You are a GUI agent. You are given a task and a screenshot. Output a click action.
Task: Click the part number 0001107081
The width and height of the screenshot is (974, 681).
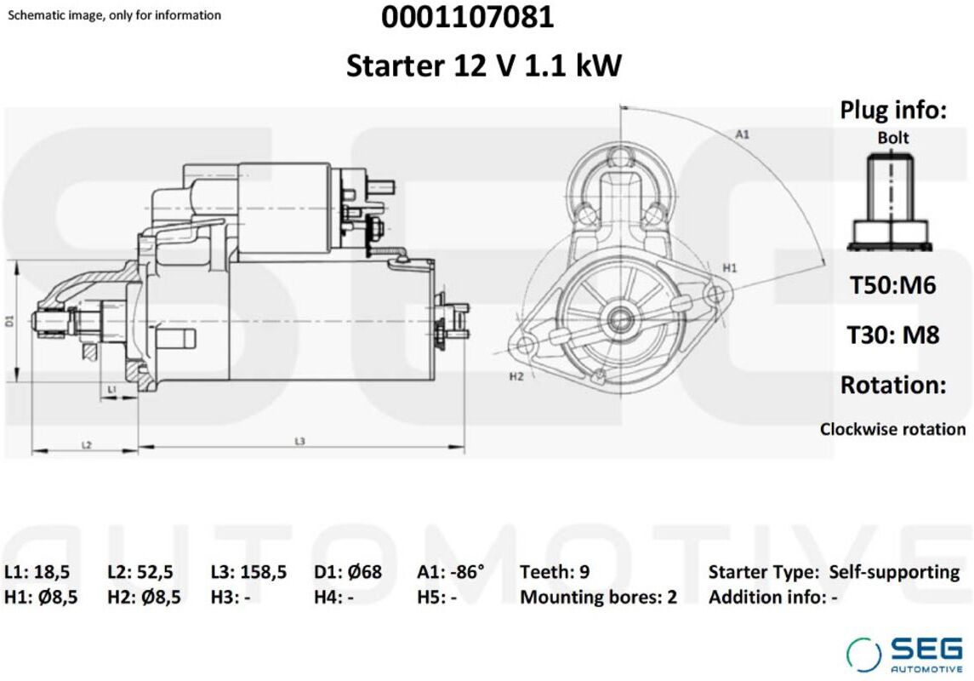click(467, 17)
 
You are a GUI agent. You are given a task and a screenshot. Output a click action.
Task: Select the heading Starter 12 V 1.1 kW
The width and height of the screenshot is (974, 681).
click(483, 66)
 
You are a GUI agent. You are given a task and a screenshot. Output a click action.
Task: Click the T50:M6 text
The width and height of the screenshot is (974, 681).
click(892, 285)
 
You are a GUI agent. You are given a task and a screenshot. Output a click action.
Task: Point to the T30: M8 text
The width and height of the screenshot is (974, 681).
click(893, 335)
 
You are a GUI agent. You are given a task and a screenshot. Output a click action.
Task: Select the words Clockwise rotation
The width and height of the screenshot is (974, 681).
click(892, 429)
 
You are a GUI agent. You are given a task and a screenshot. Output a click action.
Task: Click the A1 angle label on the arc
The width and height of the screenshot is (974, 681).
click(743, 134)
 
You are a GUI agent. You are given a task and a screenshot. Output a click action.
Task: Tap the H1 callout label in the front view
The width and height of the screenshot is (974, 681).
click(729, 268)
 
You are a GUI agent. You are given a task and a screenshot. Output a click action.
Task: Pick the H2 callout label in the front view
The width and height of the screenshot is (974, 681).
click(516, 376)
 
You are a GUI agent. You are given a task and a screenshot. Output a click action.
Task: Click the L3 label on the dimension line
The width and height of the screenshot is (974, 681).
click(300, 441)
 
